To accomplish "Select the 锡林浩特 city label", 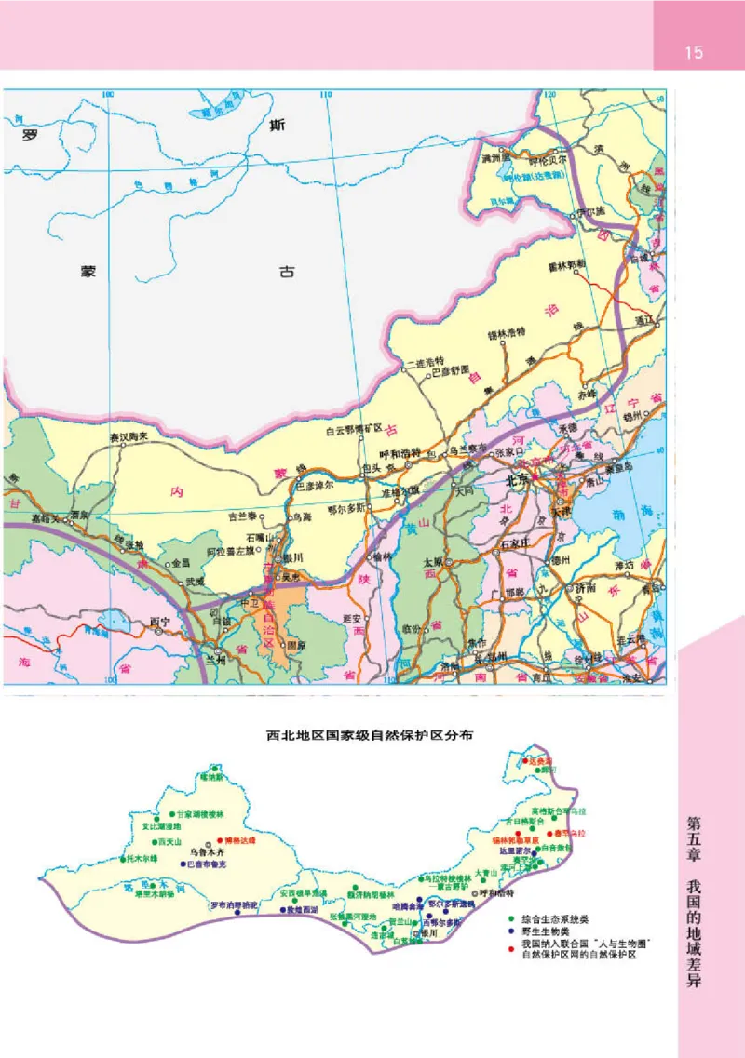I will (x=507, y=332).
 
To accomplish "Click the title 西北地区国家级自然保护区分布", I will (x=370, y=735).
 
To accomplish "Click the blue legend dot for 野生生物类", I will (x=510, y=931).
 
